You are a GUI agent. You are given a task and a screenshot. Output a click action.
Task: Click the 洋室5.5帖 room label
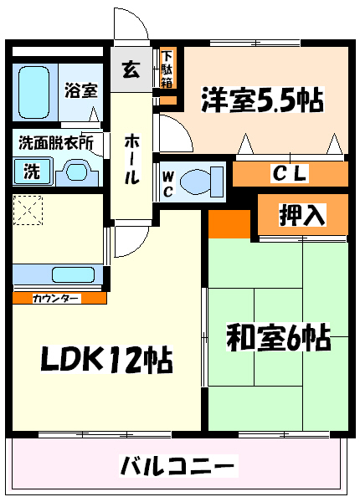click(263, 100)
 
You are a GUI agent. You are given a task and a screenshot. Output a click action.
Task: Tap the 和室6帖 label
click(278, 337)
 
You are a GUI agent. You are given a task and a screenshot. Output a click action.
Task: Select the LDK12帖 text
click(106, 359)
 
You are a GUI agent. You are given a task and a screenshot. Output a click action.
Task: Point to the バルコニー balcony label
click(177, 466)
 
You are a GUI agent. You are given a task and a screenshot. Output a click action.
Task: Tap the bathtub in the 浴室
click(34, 93)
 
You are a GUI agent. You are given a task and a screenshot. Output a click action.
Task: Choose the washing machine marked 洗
click(32, 172)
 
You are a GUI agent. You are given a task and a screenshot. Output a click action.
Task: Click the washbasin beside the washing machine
click(77, 173)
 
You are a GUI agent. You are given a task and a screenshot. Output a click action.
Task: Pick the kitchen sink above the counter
click(74, 274)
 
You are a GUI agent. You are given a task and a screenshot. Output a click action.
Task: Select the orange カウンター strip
click(59, 298)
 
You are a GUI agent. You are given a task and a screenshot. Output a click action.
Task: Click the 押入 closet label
click(302, 215)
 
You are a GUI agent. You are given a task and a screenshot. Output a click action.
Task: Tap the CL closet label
click(290, 173)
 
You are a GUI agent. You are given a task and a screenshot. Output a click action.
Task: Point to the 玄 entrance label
click(131, 69)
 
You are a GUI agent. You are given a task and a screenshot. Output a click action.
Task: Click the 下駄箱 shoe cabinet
click(167, 69)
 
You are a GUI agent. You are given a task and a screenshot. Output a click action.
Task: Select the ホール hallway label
click(131, 159)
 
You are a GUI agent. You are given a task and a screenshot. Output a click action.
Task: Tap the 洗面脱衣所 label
click(56, 143)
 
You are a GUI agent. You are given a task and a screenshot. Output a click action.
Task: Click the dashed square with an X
click(28, 210)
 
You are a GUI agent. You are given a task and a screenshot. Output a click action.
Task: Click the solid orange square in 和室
click(229, 224)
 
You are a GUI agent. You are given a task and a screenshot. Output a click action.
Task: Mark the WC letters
click(167, 184)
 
